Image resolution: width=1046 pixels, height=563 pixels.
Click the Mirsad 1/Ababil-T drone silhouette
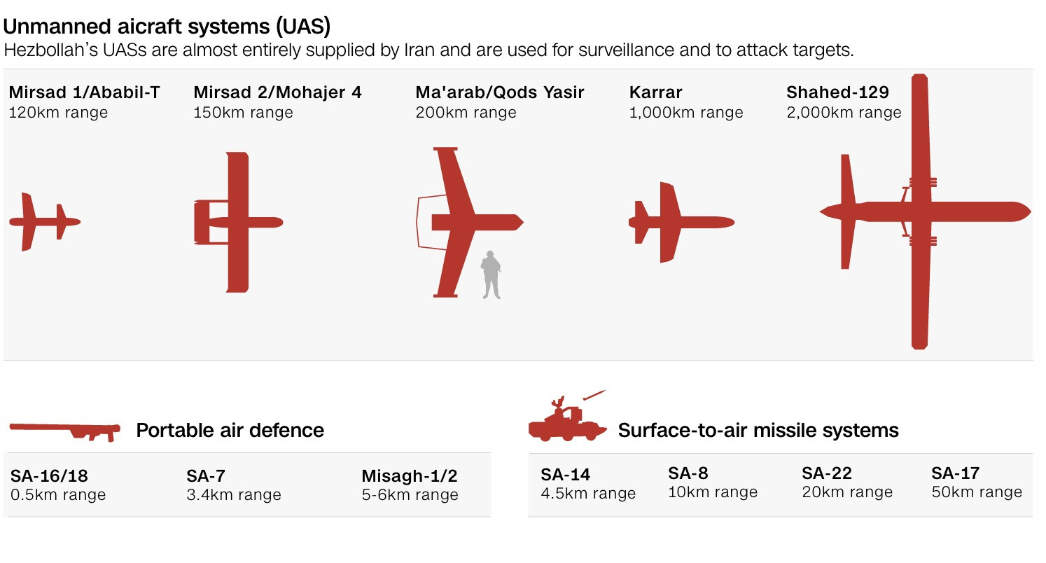click(45, 222)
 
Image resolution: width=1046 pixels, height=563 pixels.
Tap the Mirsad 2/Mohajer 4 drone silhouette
click(238, 223)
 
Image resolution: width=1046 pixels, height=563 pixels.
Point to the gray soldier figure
click(491, 274)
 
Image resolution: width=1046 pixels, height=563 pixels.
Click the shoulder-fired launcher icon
click(65, 431)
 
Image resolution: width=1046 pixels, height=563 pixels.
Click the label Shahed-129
click(838, 92)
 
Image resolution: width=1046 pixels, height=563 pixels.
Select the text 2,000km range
click(844, 113)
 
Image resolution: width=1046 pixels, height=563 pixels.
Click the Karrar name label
click(655, 92)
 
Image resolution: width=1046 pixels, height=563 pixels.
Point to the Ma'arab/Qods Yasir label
click(500, 92)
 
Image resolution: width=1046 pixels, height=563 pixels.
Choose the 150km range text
click(243, 113)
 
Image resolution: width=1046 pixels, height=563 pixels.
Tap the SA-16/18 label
click(49, 475)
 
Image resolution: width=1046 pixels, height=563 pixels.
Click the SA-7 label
click(206, 475)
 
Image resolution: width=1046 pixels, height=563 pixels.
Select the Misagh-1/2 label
click(410, 475)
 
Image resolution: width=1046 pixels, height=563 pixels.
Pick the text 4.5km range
click(588, 494)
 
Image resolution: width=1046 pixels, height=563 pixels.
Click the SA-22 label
click(827, 473)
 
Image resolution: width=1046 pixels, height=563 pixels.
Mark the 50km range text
click(977, 492)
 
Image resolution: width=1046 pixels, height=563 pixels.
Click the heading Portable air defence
click(230, 431)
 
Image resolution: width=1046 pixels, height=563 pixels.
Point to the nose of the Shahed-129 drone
click(1029, 211)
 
